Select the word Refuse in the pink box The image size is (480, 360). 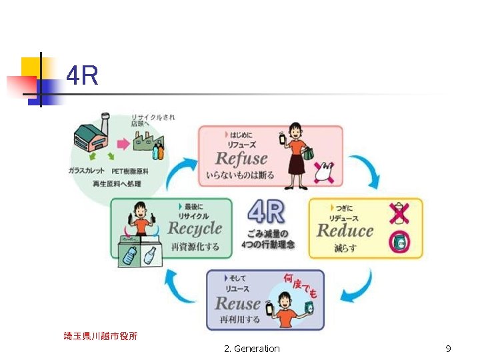241,159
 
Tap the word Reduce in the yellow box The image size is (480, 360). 345,231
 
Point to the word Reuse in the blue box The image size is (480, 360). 237,303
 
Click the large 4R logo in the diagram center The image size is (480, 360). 266,213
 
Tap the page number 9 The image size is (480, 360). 448,349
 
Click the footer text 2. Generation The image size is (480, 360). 252,349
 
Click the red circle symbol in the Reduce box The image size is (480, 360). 399,243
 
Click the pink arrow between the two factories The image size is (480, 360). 124,143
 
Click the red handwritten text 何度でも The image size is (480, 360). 299,285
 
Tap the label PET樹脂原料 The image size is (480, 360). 144,172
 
